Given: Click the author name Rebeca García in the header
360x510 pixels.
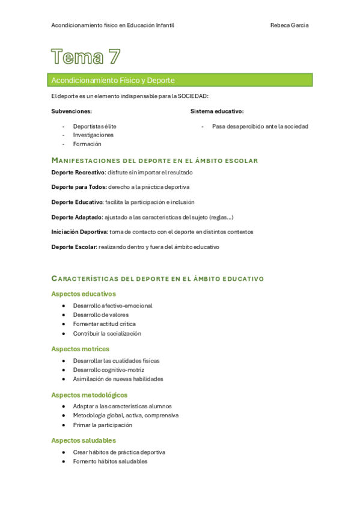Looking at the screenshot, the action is click(290, 25).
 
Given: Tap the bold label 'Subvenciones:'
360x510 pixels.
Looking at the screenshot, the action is click(72, 111).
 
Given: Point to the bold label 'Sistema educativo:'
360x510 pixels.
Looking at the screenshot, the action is click(217, 111).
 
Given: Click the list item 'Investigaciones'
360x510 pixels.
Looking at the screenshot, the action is click(93, 135).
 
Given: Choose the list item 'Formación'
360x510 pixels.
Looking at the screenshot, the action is click(87, 144).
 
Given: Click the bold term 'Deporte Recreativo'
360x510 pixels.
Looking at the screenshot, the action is click(78, 173).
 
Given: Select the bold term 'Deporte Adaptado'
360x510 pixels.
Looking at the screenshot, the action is click(76, 217).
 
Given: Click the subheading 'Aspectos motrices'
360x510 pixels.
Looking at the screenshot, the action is click(80, 349).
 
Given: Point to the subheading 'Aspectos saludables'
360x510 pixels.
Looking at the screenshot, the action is click(84, 440).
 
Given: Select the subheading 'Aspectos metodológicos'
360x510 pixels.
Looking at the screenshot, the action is click(90, 395).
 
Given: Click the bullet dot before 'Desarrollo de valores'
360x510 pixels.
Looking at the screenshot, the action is click(64, 315).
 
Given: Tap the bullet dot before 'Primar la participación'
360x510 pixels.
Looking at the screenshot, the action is click(64, 425).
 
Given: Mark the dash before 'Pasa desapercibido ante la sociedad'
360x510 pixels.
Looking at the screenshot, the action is click(203, 127).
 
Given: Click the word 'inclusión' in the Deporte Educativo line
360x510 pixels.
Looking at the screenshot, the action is click(181, 203).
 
